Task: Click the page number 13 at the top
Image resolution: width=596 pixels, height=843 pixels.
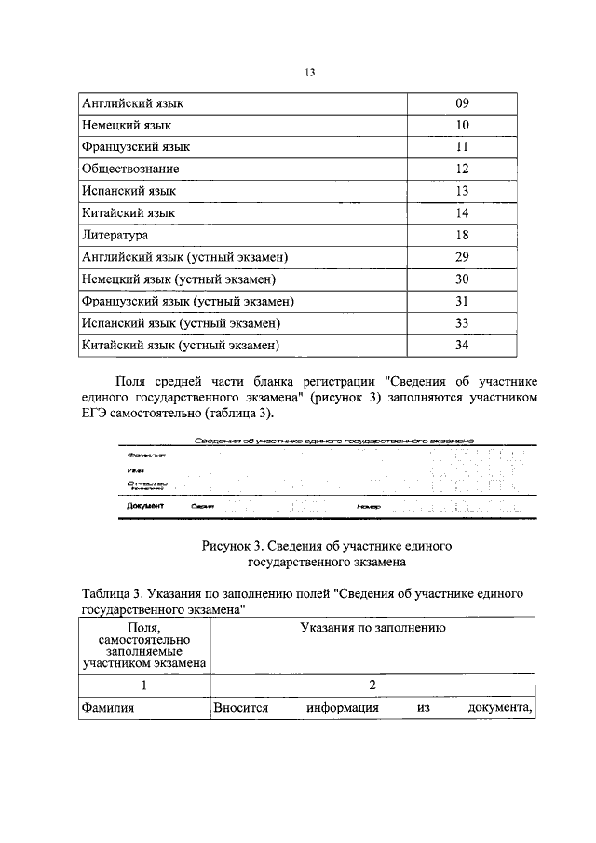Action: (311, 74)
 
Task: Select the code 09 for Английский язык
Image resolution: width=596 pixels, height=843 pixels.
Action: (462, 102)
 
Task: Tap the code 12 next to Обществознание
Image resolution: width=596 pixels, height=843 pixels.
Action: (462, 169)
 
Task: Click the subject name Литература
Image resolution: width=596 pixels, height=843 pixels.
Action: (115, 236)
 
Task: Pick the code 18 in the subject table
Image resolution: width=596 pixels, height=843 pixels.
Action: (462, 236)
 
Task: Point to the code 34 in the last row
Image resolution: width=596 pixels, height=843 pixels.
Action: (462, 346)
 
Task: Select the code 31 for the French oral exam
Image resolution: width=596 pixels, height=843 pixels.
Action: (462, 302)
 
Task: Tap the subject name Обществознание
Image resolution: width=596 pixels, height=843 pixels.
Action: (130, 169)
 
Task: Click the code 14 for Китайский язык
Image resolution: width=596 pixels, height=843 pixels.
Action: (462, 213)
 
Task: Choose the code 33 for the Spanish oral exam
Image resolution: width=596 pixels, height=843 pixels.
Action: (462, 323)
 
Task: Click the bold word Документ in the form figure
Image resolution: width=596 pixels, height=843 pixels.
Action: (144, 505)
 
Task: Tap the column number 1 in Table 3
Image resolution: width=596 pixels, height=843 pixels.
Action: (145, 685)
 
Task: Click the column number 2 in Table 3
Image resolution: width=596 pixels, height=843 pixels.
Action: (372, 685)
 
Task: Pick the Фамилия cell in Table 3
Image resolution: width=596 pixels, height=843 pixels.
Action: (108, 708)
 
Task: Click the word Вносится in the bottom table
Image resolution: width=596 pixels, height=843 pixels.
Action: (241, 708)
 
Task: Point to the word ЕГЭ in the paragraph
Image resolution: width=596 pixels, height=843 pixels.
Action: (98, 414)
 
